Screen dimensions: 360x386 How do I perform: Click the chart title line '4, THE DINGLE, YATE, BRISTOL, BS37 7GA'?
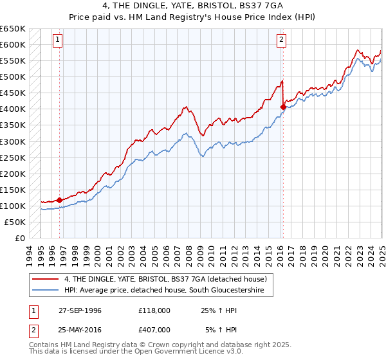point(192,6)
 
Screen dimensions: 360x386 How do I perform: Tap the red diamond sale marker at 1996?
point(60,200)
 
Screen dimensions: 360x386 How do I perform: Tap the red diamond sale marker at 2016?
point(283,107)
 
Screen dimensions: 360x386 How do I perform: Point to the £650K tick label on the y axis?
point(13,29)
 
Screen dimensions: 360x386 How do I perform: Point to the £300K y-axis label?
point(13,141)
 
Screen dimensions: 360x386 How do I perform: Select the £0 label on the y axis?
point(20,238)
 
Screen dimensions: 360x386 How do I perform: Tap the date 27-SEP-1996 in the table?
point(80,310)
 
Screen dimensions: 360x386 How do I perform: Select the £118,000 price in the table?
point(154,310)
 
